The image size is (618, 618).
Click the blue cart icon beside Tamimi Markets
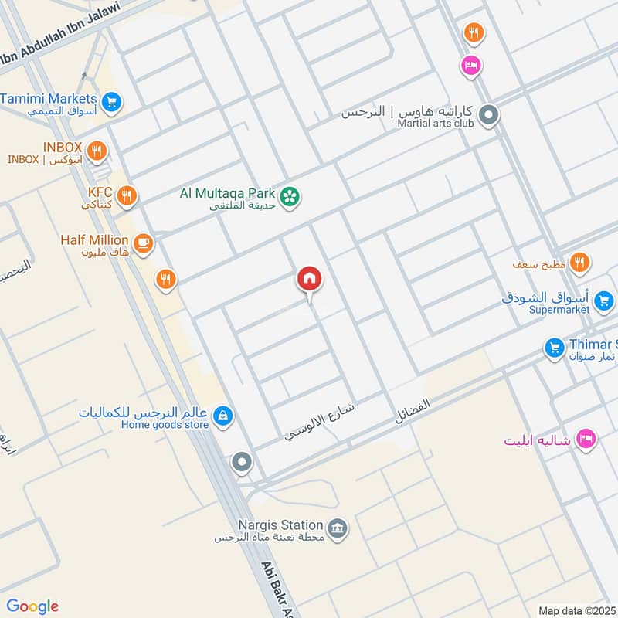pyautogui.click(x=111, y=101)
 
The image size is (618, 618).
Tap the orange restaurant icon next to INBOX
pyautogui.click(x=97, y=151)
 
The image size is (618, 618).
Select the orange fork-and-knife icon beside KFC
pyautogui.click(x=127, y=196)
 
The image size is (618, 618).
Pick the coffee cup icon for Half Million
pyautogui.click(x=143, y=244)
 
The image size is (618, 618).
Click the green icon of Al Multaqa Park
pyautogui.click(x=290, y=197)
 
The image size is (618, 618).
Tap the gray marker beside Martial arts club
pyautogui.click(x=488, y=117)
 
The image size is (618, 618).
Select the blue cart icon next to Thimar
pyautogui.click(x=553, y=348)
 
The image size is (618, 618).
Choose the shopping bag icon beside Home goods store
pyautogui.click(x=222, y=416)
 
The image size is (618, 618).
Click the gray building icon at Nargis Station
pyautogui.click(x=338, y=529)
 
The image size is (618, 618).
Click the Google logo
pyautogui.click(x=32, y=606)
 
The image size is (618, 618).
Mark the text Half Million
pyautogui.click(x=94, y=239)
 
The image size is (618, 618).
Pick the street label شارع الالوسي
pyautogui.click(x=314, y=422)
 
